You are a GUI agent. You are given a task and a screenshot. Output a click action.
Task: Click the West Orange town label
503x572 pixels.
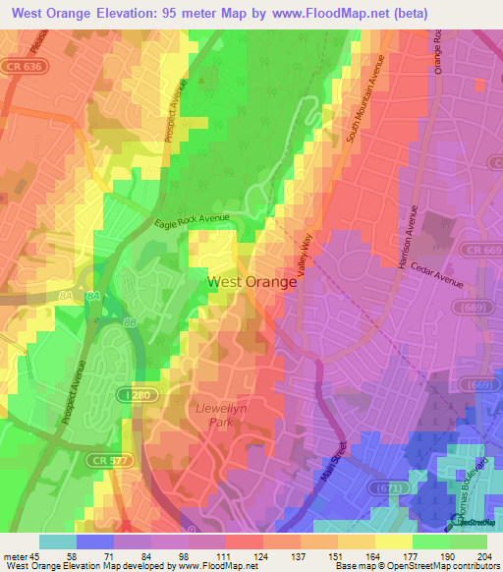pos(251,282)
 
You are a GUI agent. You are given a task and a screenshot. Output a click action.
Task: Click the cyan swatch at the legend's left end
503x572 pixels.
pos(58,542)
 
